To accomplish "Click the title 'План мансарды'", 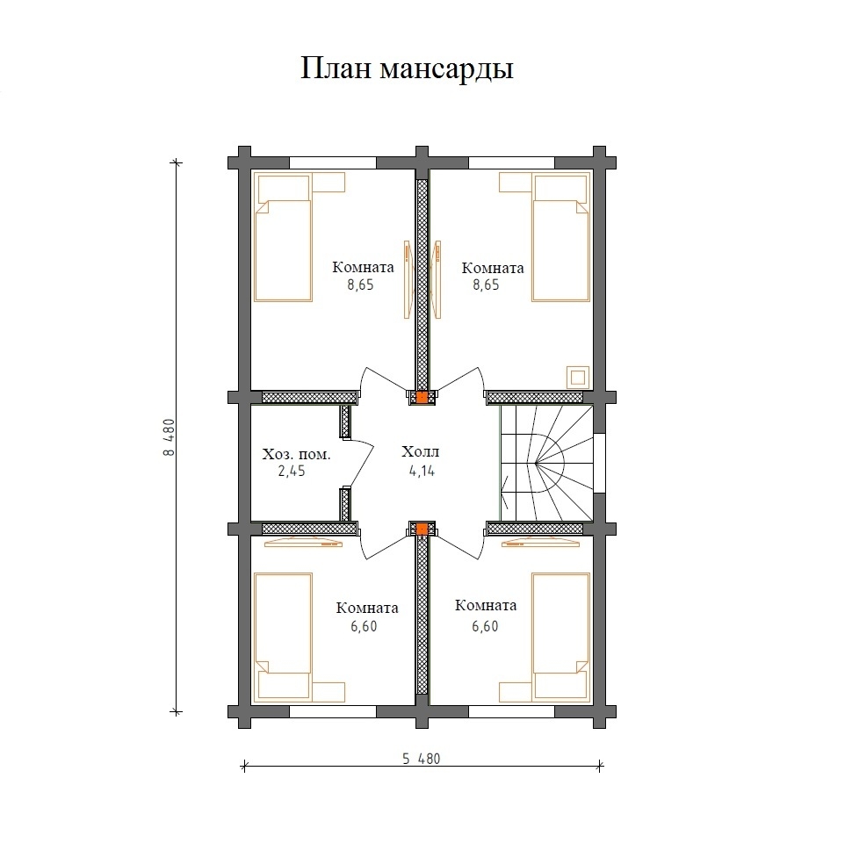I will [x=408, y=68].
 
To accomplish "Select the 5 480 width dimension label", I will [x=421, y=759].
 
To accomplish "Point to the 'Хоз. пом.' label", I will [x=297, y=455].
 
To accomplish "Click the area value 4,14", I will [x=421, y=471].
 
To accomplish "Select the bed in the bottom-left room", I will [x=283, y=626].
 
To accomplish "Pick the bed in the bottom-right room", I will [x=559, y=626].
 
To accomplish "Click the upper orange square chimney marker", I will [x=422, y=397].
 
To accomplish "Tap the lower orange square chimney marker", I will [x=422, y=529].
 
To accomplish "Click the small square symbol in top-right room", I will [x=577, y=377].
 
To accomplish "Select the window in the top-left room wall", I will [x=333, y=162].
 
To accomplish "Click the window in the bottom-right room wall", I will [x=511, y=711].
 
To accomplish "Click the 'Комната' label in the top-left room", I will [x=363, y=268].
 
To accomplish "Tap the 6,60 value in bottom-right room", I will [x=486, y=625].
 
